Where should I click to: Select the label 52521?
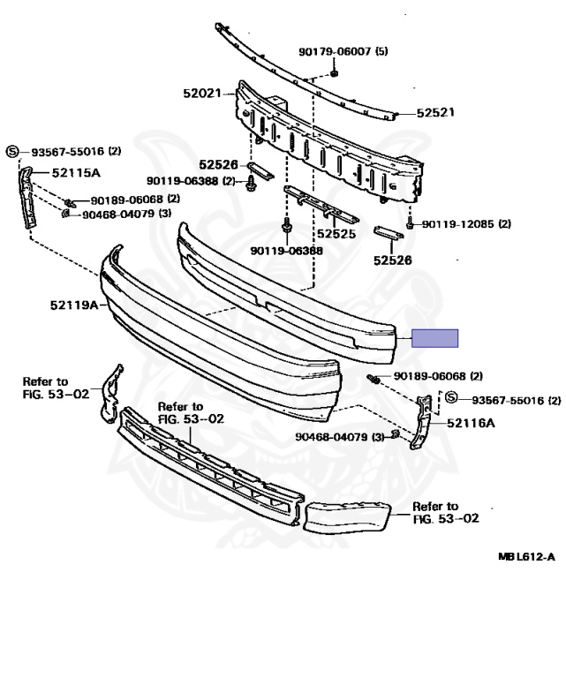tap(435, 114)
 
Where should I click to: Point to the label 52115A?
tap(76, 174)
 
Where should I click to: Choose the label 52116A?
tap(471, 423)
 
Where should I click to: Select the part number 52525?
tap(336, 234)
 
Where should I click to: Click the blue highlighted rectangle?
tap(437, 338)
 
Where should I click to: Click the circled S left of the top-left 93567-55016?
tap(13, 152)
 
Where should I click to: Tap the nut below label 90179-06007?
tap(335, 72)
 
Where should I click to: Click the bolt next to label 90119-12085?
tap(411, 224)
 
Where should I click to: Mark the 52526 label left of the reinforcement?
tap(218, 163)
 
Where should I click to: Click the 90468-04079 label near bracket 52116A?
tap(339, 436)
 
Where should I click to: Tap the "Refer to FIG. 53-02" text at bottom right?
tap(446, 512)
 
